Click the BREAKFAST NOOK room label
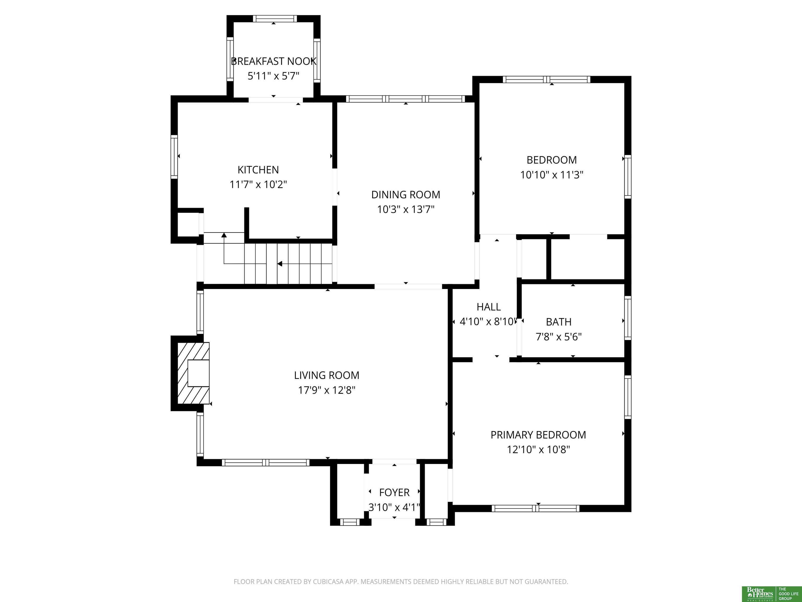pos(274,61)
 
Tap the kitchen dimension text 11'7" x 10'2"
pos(258,185)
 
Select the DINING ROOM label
pos(406,195)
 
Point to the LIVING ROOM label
pos(327,375)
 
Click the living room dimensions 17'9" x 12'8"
pos(327,390)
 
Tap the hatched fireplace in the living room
pos(193,373)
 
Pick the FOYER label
pos(394,493)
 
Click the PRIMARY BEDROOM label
pos(538,435)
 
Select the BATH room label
pos(559,322)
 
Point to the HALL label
pos(489,307)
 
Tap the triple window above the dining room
pos(405,99)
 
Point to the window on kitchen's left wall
pos(174,157)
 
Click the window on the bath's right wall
pos(628,318)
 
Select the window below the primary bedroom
pos(535,508)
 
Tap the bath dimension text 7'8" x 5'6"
pos(559,337)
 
